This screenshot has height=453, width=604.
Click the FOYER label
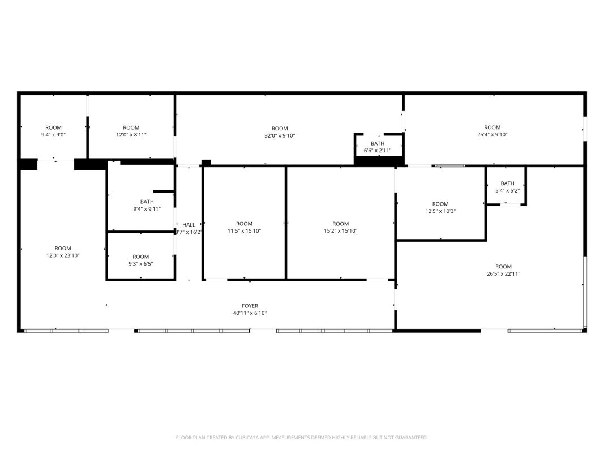pos(250,306)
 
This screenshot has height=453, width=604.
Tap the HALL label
pos(189,225)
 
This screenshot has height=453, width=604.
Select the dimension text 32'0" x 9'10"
pos(280,135)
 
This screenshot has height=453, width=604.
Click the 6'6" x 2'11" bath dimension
pos(378,151)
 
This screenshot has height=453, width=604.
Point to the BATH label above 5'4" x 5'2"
pos(507,183)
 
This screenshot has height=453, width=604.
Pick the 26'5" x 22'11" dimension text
pos(503,274)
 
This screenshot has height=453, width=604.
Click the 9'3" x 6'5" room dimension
pos(140,264)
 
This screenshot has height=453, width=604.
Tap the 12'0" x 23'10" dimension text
pos(63,255)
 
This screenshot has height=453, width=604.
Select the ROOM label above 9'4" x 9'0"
pos(54,127)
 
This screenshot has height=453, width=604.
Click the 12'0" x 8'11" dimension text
pos(131,135)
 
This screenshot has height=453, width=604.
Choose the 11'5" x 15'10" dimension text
pos(244,231)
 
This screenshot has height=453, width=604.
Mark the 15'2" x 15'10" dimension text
pos(341,231)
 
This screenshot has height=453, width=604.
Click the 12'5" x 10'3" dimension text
pos(440,211)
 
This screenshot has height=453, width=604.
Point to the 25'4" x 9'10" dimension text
pos(492,135)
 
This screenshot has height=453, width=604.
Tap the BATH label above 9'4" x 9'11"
pos(147,202)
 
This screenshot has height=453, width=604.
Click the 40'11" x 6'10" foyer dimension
pos(250,313)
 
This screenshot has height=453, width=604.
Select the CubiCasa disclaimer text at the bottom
pos(302,438)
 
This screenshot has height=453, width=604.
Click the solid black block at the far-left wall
pos(28,164)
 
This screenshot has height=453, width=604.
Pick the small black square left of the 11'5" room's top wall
pos(206,163)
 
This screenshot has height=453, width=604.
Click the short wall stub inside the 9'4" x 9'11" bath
pos(164,191)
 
